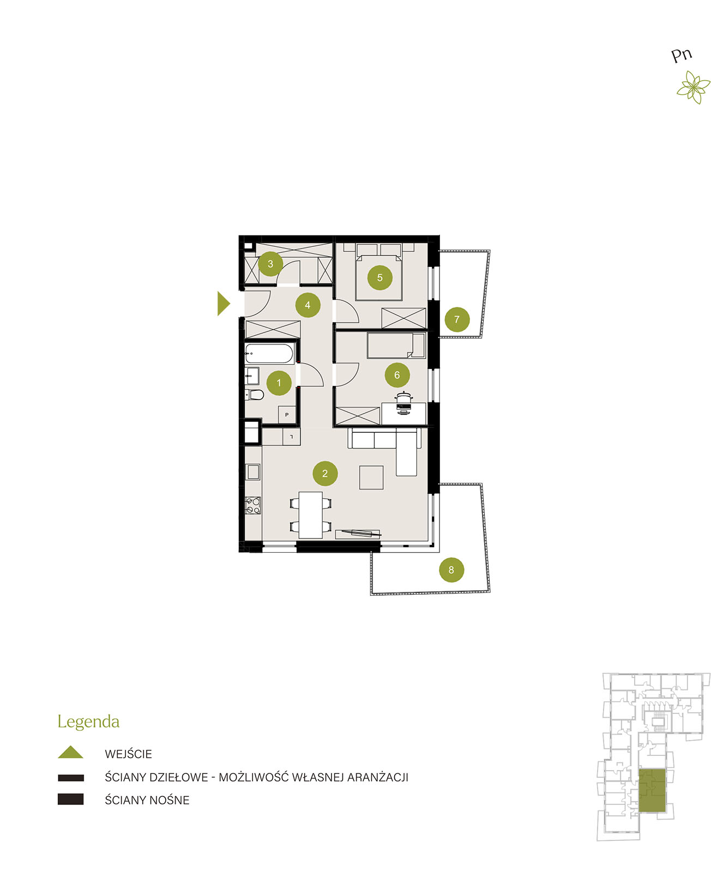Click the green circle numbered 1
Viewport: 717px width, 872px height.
click(279, 383)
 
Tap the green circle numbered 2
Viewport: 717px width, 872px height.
click(325, 473)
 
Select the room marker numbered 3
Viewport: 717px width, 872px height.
click(270, 264)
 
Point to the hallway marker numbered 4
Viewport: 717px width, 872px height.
click(308, 305)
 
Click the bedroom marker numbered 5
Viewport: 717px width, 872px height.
click(380, 277)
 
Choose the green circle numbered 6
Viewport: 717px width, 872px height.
click(397, 375)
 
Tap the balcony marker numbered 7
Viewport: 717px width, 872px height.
click(457, 319)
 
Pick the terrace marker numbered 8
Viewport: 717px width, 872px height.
click(451, 570)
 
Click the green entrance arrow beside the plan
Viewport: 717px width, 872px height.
click(223, 304)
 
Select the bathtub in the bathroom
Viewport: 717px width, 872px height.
click(269, 354)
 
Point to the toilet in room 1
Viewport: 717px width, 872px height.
click(255, 395)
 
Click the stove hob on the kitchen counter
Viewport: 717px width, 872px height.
click(253, 505)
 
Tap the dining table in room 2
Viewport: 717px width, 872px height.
click(310, 515)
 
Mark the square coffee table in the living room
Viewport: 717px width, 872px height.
click(371, 477)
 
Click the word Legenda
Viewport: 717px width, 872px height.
click(88, 722)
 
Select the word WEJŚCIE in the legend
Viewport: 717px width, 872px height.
click(128, 754)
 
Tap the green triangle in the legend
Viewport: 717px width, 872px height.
click(70, 752)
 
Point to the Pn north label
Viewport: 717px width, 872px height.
click(681, 55)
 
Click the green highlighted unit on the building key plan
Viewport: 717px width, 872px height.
click(652, 790)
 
